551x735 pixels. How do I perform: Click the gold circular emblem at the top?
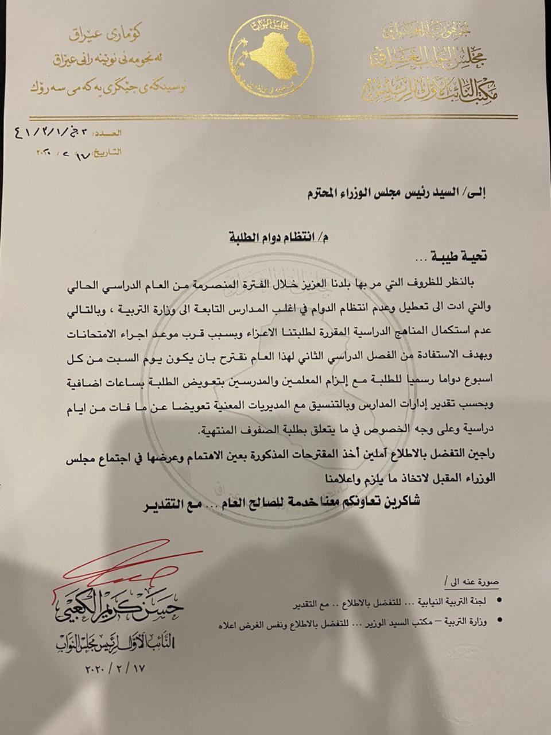[271, 56]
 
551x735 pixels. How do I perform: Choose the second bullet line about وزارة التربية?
[353, 625]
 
